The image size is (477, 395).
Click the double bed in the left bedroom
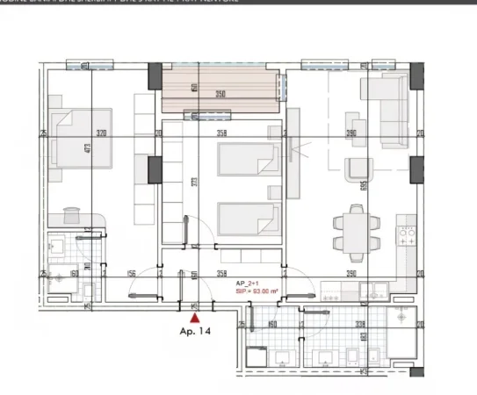(x=83, y=138)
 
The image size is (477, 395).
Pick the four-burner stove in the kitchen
(x=408, y=235)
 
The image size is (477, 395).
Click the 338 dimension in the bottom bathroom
(x=360, y=323)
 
